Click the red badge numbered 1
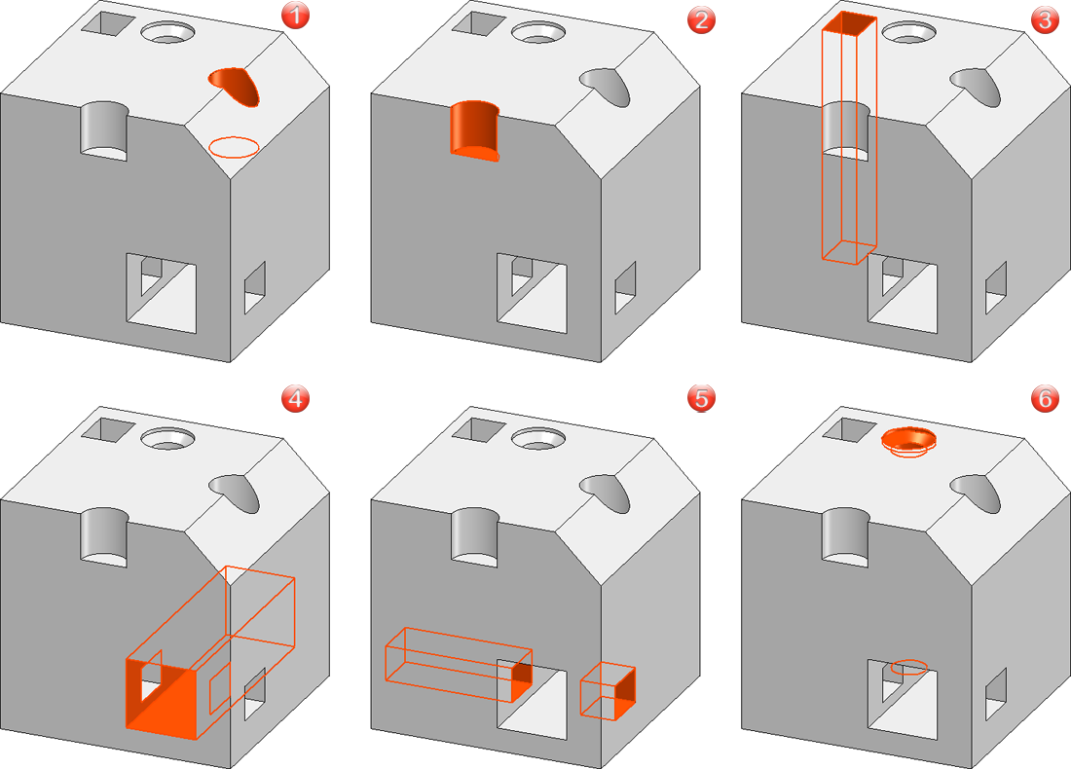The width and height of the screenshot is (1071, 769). [294, 17]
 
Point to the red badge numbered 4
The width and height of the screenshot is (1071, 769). [294, 398]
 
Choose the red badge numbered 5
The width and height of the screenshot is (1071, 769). [700, 398]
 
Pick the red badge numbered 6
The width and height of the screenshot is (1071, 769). [1044, 398]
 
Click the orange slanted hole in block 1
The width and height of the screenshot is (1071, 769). [237, 86]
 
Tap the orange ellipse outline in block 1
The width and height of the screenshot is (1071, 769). [235, 147]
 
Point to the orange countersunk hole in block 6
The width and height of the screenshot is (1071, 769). [908, 439]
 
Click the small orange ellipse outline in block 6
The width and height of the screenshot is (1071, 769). [910, 667]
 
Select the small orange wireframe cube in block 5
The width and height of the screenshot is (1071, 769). [608, 690]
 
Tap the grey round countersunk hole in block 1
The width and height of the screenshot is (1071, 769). [168, 31]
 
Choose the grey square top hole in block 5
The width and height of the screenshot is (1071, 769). [477, 428]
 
